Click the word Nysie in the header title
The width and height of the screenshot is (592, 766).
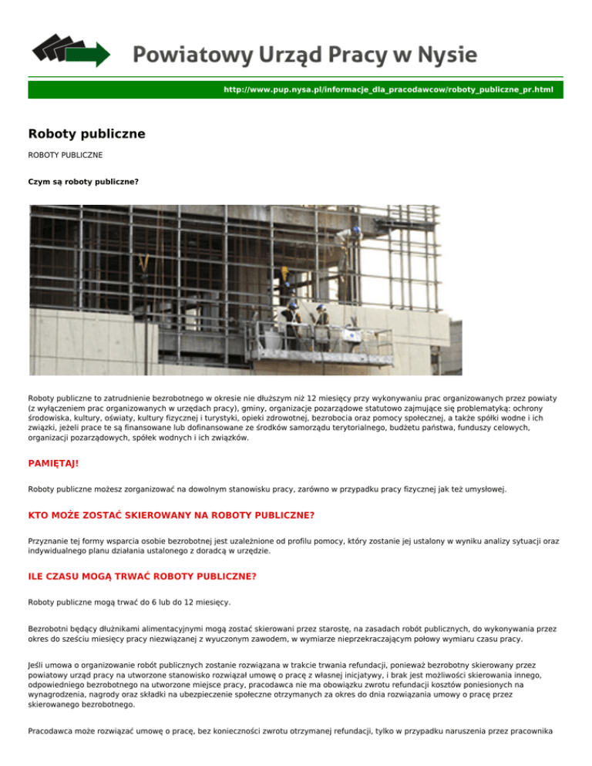pos(445,55)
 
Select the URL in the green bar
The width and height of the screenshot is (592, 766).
pos(388,90)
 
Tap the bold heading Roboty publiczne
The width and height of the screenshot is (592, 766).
pos(86,134)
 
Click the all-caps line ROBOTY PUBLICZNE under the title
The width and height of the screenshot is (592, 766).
pos(66,155)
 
